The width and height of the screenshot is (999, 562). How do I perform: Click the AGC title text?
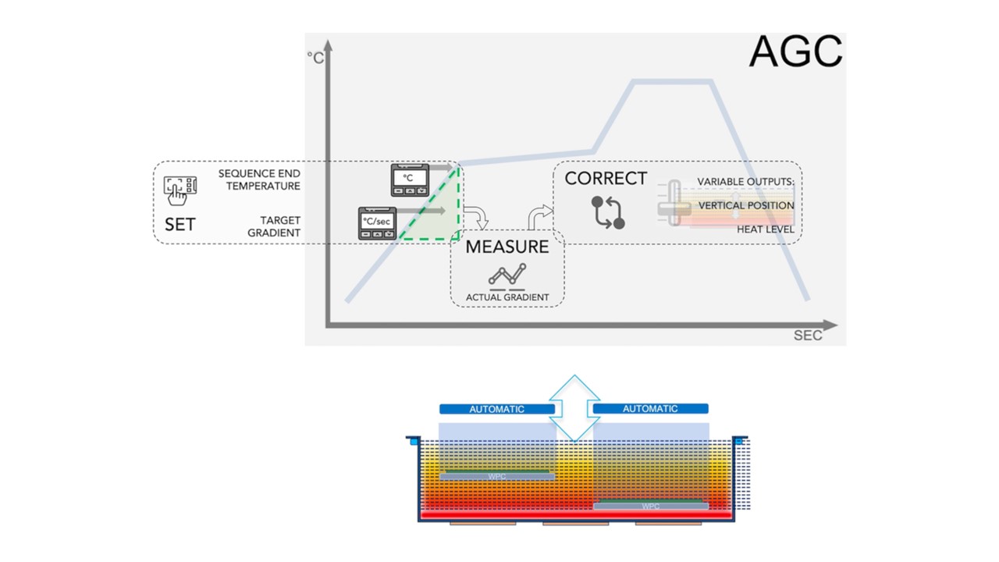[795, 52]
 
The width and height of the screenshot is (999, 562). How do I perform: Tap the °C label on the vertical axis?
[315, 58]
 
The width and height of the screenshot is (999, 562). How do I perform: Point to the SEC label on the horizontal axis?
[808, 336]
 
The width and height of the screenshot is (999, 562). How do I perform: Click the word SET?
[180, 224]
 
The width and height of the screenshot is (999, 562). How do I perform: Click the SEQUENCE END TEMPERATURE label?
[259, 180]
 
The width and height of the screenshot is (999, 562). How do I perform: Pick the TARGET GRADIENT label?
[274, 226]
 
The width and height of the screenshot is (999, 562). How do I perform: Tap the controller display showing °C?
[410, 180]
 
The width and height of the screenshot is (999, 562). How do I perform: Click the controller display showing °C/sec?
[377, 223]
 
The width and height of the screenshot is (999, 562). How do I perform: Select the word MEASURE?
[507, 247]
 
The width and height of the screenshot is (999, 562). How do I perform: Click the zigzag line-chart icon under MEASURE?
[507, 276]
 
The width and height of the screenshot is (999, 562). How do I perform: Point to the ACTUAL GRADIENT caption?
[507, 297]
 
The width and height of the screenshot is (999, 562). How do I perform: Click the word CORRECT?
[606, 179]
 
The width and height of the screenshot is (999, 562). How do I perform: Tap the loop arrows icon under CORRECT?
[608, 213]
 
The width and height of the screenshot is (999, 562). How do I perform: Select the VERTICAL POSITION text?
[746, 205]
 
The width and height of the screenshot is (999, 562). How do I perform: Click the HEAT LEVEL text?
[766, 229]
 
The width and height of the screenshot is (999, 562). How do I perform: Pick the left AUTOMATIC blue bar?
[497, 409]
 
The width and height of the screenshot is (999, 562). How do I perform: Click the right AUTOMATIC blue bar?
[651, 408]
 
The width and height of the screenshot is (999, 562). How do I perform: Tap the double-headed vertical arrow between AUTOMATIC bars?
[574, 408]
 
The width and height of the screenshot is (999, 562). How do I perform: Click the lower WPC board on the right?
[651, 506]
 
